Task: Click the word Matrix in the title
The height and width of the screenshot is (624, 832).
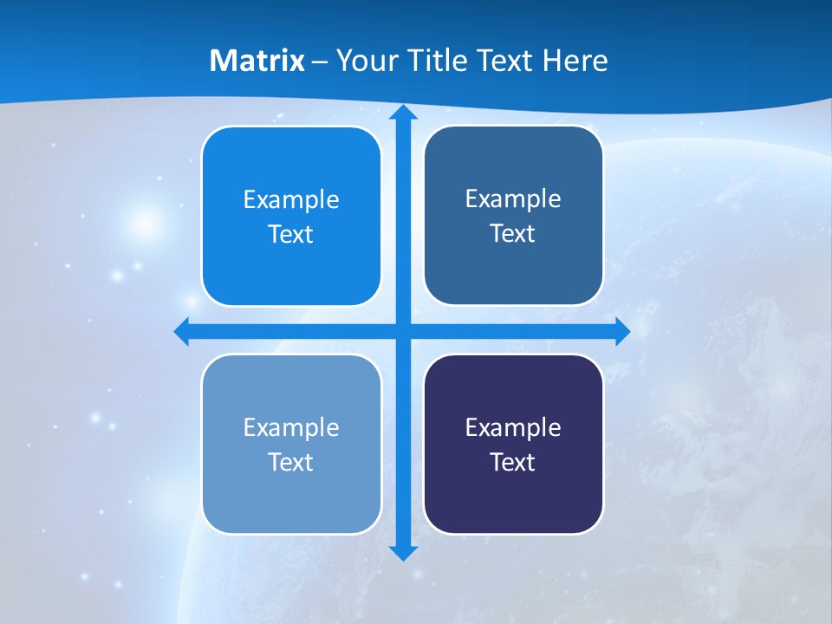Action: click(257, 61)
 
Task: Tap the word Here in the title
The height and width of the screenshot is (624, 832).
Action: click(575, 61)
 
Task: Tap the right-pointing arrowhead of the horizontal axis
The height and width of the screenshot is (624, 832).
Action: click(621, 332)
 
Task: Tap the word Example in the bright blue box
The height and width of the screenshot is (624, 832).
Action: click(291, 200)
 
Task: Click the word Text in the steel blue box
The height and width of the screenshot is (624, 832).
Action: click(513, 234)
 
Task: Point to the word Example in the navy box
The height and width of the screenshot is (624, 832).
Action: click(513, 427)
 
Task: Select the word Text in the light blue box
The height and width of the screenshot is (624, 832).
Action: click(291, 462)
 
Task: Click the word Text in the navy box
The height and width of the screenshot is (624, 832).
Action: click(513, 462)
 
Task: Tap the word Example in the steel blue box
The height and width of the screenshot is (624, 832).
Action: click(513, 199)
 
